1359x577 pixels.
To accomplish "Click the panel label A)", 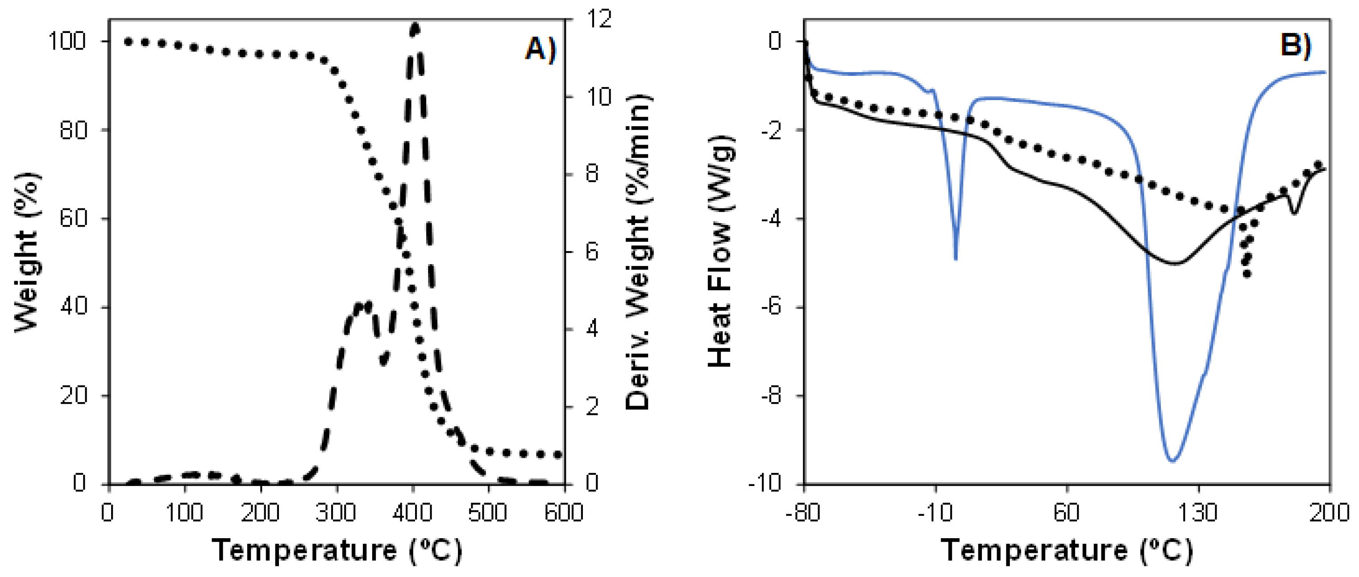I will (540, 50).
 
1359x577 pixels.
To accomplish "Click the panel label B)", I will (1295, 45).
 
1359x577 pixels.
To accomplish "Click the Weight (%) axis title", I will (26, 252).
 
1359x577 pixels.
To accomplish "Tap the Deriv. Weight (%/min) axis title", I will (638, 252).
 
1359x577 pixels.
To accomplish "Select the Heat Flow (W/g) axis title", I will (720, 252).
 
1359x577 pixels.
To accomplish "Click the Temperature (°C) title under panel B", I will (1066, 551).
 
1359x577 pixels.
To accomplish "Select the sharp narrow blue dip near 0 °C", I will (956, 257).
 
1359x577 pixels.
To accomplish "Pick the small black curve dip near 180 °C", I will (1293, 212).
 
